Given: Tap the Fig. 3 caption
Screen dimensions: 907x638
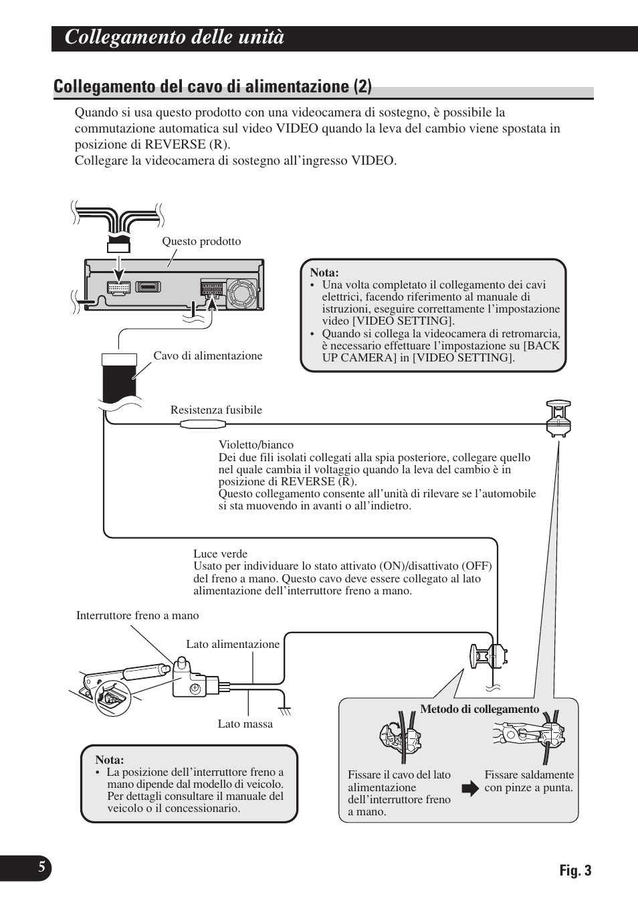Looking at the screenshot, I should [x=575, y=870].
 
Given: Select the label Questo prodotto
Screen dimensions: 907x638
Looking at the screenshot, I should [x=201, y=242].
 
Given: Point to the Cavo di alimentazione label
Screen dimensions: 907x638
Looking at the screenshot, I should [x=208, y=356].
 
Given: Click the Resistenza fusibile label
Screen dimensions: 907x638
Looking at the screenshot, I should [x=216, y=410].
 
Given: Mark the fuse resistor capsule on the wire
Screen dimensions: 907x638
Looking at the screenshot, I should [x=202, y=424].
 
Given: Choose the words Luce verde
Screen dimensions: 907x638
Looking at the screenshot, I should [x=220, y=554].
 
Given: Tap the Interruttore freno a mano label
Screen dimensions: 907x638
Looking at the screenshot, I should [x=137, y=616].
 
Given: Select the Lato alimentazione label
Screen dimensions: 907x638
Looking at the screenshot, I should [x=233, y=645].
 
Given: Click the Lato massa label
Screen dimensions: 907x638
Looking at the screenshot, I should [x=245, y=724].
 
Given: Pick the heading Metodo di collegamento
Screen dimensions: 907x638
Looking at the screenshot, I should [x=479, y=710].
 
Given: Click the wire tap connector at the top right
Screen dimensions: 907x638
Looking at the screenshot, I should [x=558, y=418].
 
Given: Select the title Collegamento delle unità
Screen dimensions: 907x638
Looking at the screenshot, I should [x=175, y=37].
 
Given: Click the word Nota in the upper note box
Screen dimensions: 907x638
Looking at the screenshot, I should [x=324, y=272].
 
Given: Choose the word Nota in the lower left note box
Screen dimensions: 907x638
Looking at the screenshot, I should [x=110, y=760].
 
